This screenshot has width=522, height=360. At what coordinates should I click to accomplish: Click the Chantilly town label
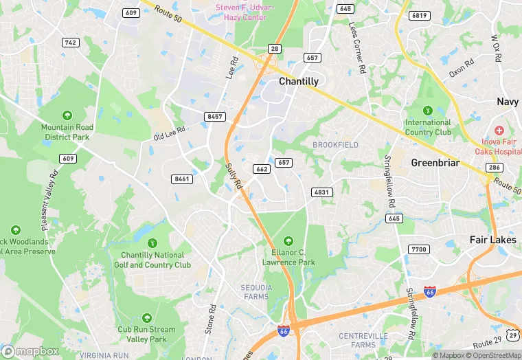point(299,81)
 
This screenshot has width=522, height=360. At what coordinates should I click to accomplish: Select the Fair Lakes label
point(493,240)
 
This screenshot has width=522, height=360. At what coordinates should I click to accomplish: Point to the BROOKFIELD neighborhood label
point(335,145)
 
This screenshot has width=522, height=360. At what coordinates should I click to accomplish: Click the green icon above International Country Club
point(428,110)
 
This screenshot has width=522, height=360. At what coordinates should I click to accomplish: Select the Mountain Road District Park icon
point(67,115)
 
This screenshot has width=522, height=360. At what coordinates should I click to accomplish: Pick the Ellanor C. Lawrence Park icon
point(288,240)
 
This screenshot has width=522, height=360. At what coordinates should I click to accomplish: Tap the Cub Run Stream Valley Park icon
point(146,318)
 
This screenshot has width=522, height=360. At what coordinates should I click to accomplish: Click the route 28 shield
point(274,48)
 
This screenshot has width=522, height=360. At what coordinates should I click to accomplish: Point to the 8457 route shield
point(215,117)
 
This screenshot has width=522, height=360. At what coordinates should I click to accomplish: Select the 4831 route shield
point(321,192)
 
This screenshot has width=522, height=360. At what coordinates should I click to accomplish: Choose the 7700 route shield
point(418,249)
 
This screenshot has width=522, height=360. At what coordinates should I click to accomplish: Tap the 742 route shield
point(70,43)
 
